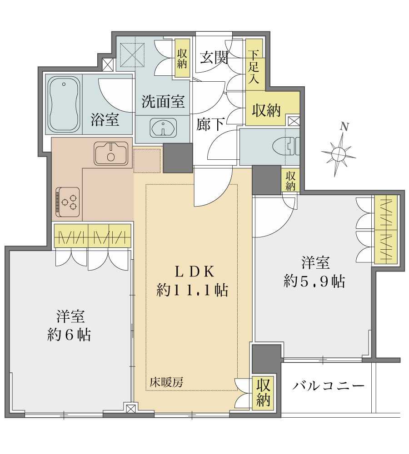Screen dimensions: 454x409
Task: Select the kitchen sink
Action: [x=111, y=153]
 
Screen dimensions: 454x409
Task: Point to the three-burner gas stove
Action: [x=68, y=200]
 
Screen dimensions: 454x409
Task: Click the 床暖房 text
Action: [x=167, y=383]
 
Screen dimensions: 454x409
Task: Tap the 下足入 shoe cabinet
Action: [x=253, y=67]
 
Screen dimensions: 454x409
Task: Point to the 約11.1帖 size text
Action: [x=192, y=290]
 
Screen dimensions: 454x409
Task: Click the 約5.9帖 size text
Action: [x=314, y=282]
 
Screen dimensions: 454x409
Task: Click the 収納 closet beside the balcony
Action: [x=263, y=393]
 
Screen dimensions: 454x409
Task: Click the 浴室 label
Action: [x=105, y=120]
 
